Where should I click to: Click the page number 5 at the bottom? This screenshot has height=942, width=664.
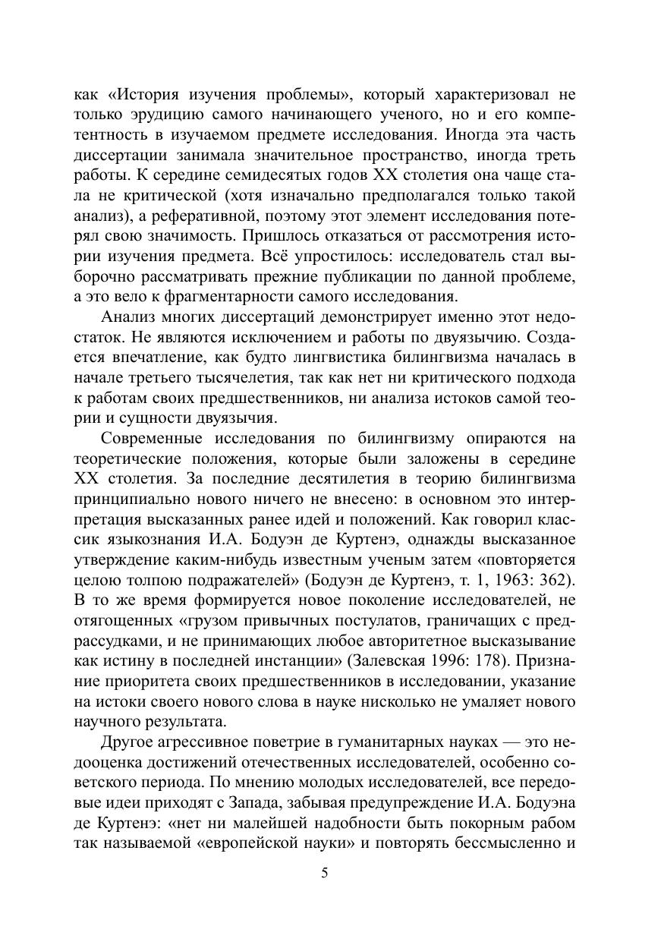coord(325,873)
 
